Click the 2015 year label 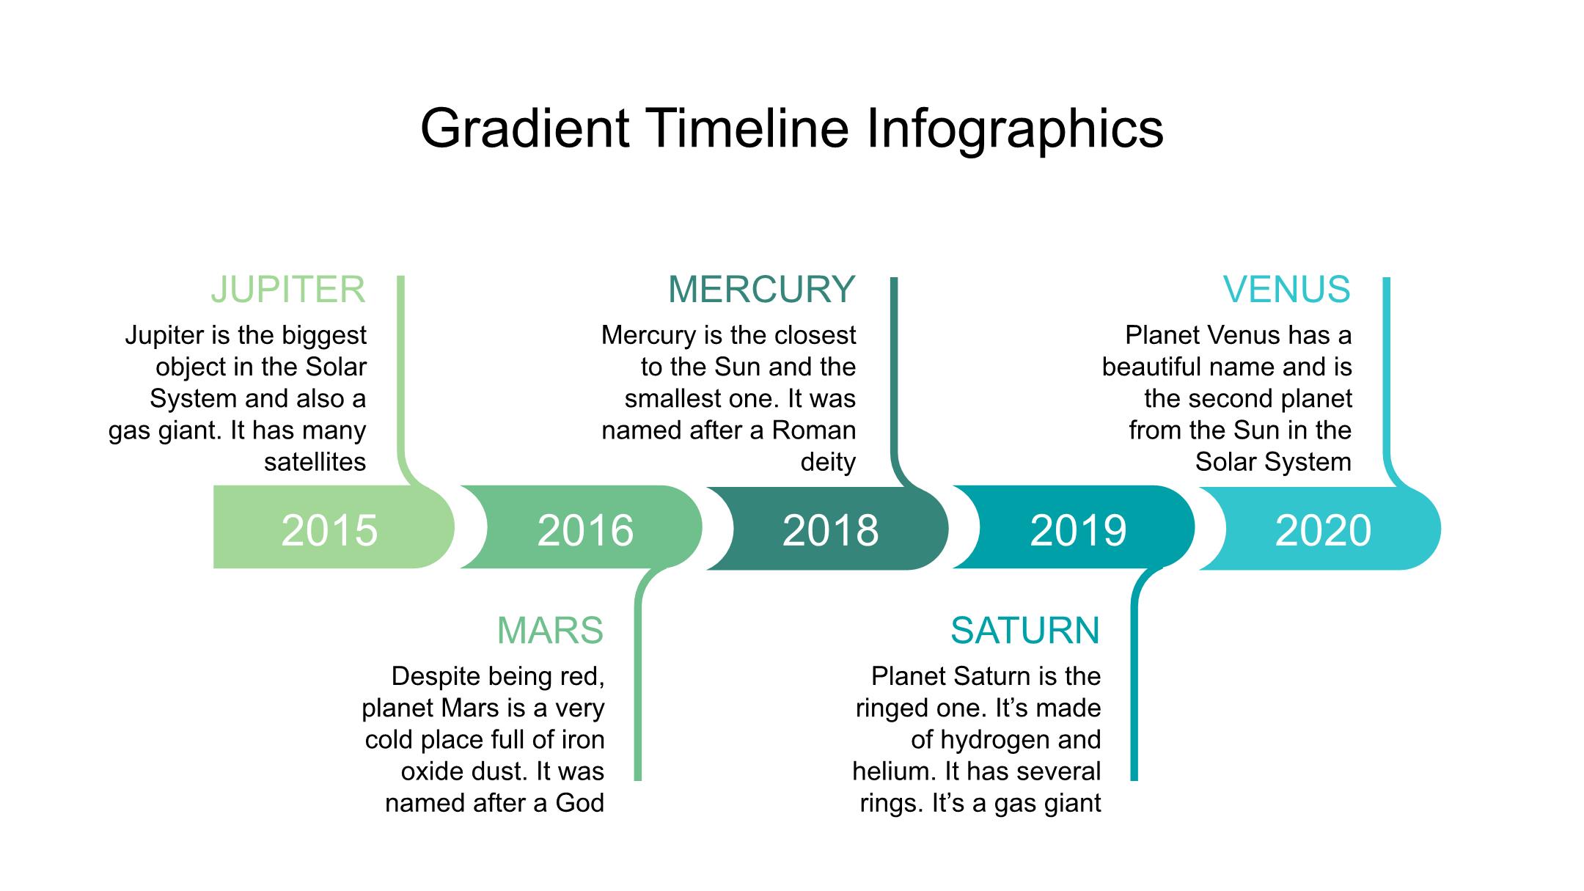[x=329, y=530]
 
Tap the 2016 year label [x=585, y=530]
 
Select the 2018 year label [x=830, y=530]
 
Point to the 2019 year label [x=1078, y=530]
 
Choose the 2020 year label [x=1323, y=530]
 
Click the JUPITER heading [x=288, y=290]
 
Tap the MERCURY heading [x=762, y=289]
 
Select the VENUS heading [x=1287, y=289]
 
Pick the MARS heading [x=550, y=631]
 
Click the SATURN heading [x=1025, y=631]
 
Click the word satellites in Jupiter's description [x=315, y=462]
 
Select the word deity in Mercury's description [x=829, y=463]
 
